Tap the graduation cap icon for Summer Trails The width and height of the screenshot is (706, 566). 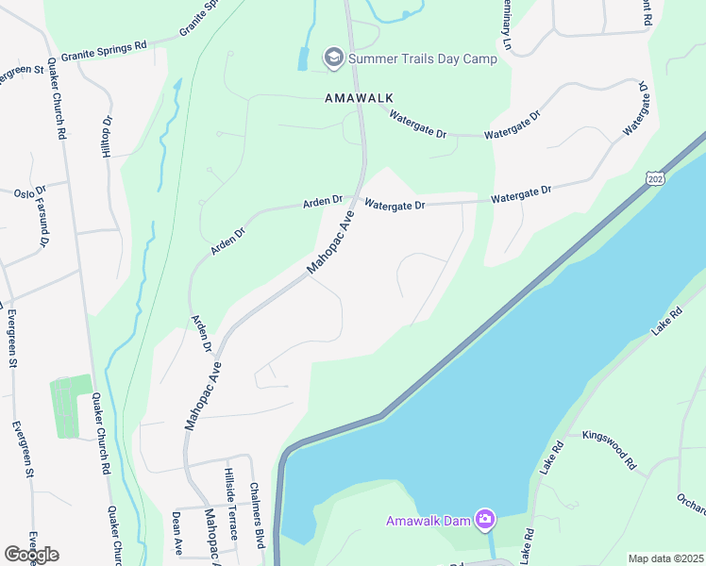[x=333, y=58]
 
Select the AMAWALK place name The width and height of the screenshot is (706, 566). [x=358, y=98]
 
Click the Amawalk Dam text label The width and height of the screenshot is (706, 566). [x=429, y=521]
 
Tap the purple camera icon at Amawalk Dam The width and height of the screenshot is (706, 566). [x=485, y=519]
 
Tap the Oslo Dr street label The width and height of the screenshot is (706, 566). [x=24, y=193]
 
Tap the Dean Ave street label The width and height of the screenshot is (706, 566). [x=176, y=534]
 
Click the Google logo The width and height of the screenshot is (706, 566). [x=31, y=554]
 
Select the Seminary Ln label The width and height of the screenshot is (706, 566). [x=507, y=26]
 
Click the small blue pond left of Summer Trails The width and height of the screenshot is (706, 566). [x=302, y=58]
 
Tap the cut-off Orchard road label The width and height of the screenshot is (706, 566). [x=691, y=504]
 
